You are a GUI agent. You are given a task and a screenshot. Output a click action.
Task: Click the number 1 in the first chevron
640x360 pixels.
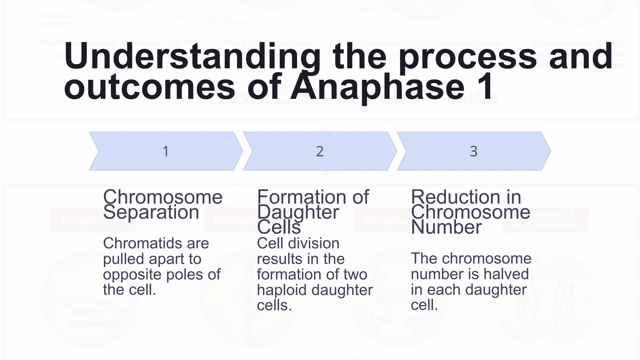(x=166, y=152)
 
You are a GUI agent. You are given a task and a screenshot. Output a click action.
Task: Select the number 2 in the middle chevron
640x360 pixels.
(x=319, y=152)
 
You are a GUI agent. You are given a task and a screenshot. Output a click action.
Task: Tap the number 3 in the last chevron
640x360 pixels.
(x=473, y=152)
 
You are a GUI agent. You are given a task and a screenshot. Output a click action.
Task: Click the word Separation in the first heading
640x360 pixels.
(x=151, y=212)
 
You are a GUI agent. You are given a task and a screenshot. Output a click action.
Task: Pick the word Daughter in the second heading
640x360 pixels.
(x=298, y=212)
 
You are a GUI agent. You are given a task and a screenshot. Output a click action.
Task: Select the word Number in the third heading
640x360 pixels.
(x=446, y=227)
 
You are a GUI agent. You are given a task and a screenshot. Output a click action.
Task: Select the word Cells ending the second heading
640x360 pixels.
(x=279, y=227)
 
